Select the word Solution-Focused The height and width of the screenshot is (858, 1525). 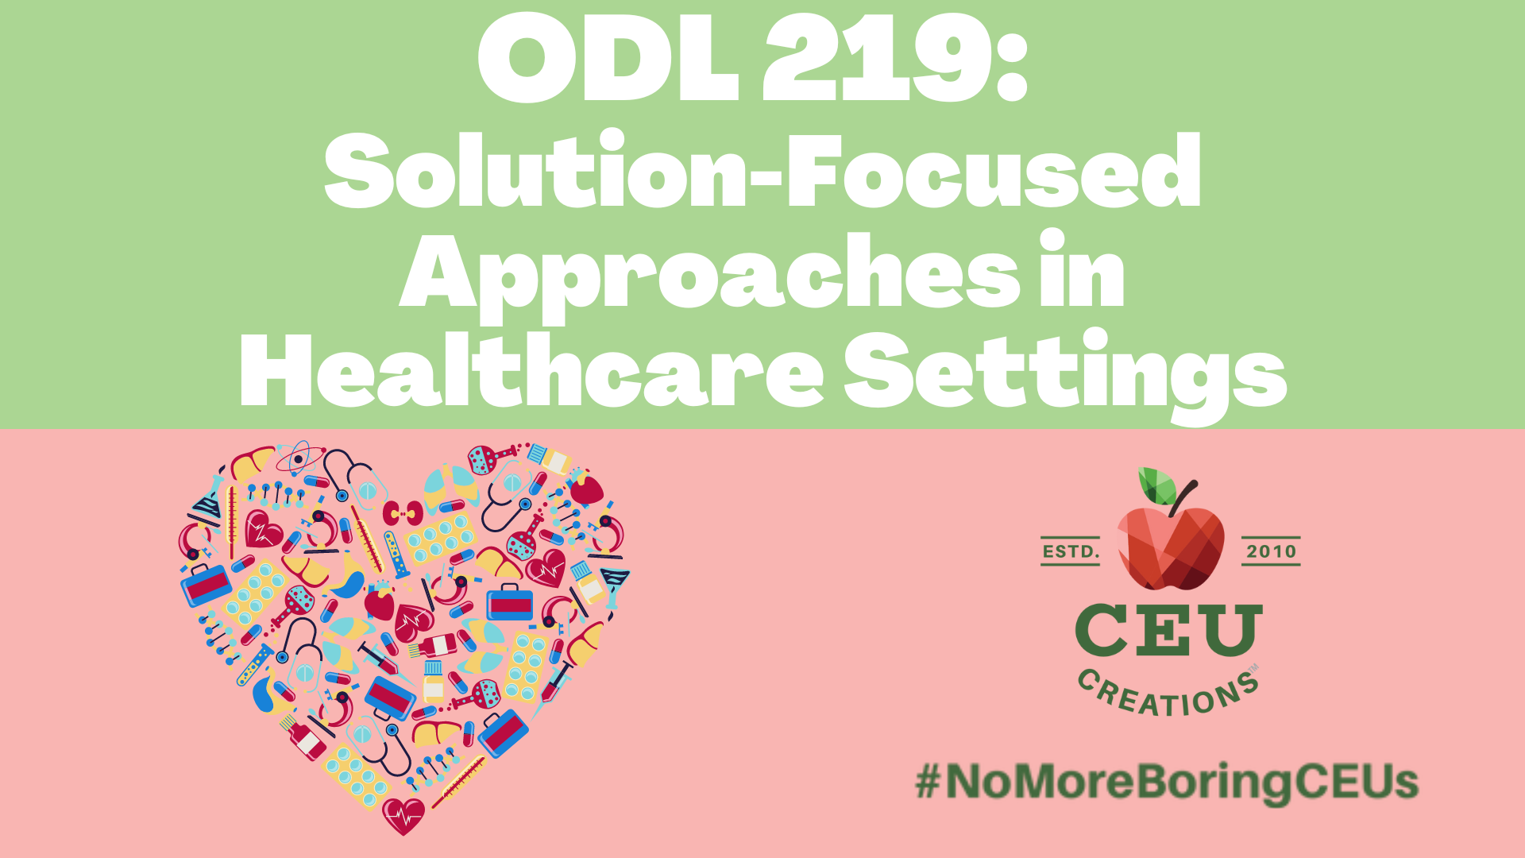[x=762, y=171]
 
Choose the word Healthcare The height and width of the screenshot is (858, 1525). [x=532, y=373]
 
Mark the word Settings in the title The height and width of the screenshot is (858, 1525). [x=1064, y=373]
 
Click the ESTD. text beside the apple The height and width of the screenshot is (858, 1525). [x=1070, y=551]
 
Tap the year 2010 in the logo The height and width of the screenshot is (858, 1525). [x=1271, y=551]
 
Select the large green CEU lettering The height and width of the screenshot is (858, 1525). [x=1168, y=630]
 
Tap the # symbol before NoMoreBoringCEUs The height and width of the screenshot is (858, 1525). [x=927, y=782]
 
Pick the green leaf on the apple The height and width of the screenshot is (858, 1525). [x=1156, y=485]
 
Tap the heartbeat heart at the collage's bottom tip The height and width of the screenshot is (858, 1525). [x=403, y=814]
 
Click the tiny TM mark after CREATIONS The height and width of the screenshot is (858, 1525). [x=1254, y=669]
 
